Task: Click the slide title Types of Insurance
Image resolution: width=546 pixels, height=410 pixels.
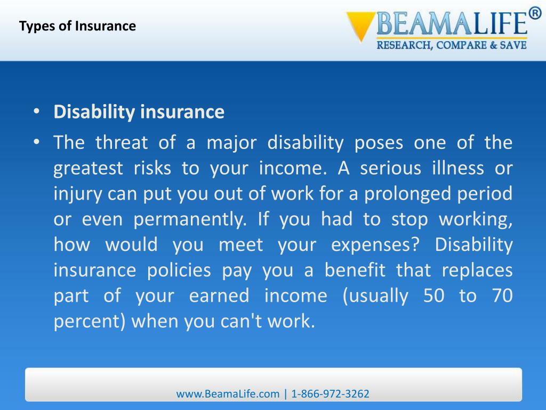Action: (78, 26)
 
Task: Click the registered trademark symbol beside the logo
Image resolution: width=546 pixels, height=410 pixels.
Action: (535, 13)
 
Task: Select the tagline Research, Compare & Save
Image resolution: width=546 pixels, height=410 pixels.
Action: (452, 45)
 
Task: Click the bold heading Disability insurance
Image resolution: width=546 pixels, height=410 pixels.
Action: (139, 112)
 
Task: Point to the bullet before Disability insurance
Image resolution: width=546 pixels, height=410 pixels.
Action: (36, 112)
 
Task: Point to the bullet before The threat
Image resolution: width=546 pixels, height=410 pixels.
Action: (36, 143)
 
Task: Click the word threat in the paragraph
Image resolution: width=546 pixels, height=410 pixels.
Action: (121, 143)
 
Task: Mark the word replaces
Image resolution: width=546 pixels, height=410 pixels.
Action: (477, 270)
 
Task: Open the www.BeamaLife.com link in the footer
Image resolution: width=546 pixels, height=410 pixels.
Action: (228, 394)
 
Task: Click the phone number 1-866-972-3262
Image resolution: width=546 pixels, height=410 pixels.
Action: (331, 394)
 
